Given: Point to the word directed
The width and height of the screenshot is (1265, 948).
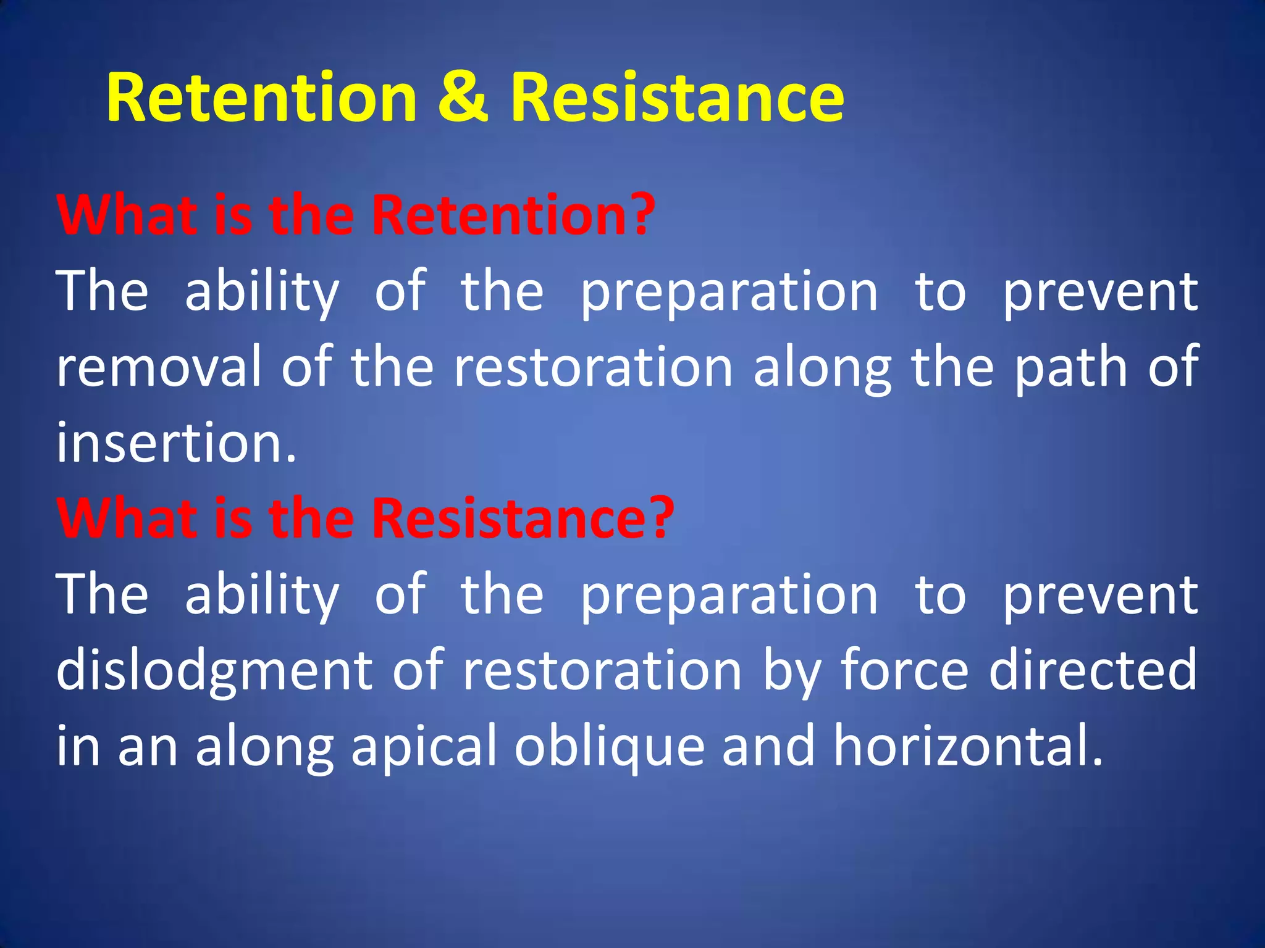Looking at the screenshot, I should (x=1093, y=670).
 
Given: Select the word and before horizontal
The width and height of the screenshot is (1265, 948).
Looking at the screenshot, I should (x=768, y=747).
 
